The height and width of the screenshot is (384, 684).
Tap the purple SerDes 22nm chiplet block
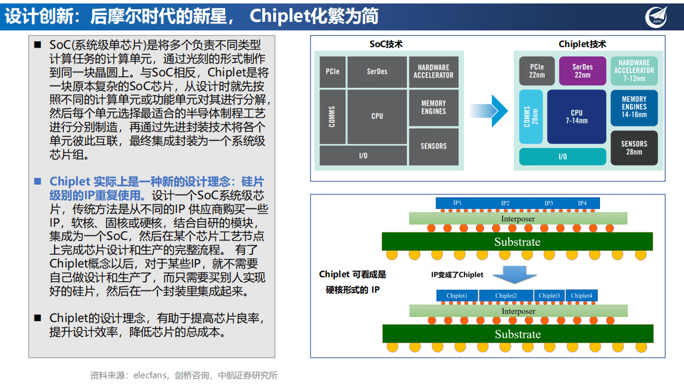point(582,71)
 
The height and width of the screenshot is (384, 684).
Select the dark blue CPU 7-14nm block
point(577,117)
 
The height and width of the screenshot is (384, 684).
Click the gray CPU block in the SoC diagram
point(376,116)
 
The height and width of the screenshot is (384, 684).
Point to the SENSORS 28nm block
point(634,148)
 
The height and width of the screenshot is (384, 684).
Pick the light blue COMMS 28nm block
point(531,117)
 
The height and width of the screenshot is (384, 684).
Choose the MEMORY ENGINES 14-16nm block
point(634,107)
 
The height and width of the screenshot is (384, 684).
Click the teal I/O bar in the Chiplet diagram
point(562,157)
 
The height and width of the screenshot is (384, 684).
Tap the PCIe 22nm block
point(537,71)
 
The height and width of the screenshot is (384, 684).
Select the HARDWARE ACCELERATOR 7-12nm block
point(634,71)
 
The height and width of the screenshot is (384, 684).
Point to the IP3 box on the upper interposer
point(549,203)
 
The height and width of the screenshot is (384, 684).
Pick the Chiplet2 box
point(506,296)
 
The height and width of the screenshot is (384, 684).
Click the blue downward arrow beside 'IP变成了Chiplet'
point(505,275)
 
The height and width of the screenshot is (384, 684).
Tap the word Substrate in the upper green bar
point(517,242)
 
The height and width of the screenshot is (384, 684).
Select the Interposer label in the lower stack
point(518,311)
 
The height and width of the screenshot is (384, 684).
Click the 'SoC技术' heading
point(386,44)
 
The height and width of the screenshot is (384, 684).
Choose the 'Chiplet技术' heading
point(582,44)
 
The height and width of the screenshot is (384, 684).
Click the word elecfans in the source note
point(149,375)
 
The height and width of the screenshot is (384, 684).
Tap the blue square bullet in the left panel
point(38,181)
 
